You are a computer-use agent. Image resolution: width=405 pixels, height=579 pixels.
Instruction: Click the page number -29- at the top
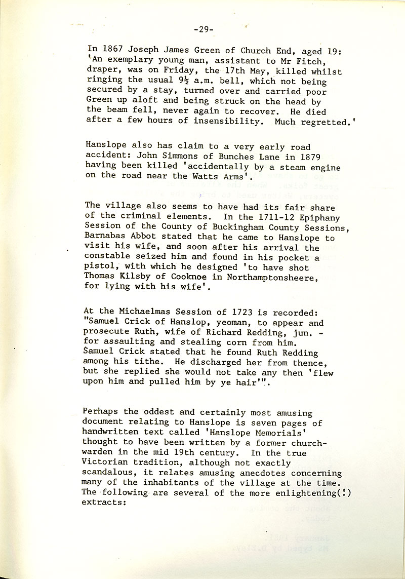point(204,29)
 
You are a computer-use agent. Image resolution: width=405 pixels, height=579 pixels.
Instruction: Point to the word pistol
point(98,267)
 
